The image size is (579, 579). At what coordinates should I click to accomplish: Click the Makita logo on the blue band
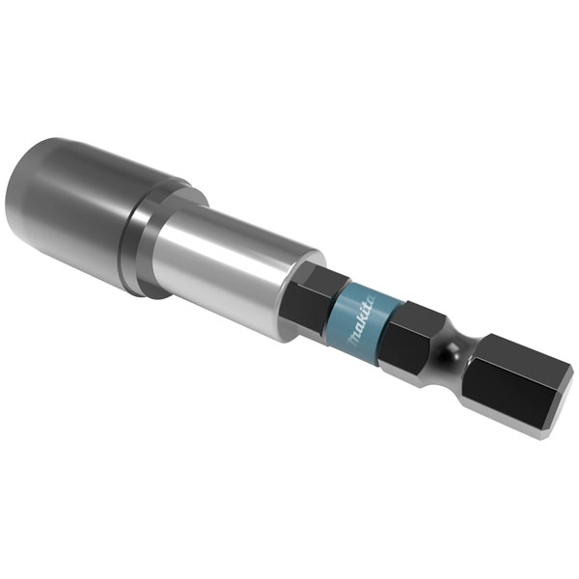[x=361, y=320]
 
